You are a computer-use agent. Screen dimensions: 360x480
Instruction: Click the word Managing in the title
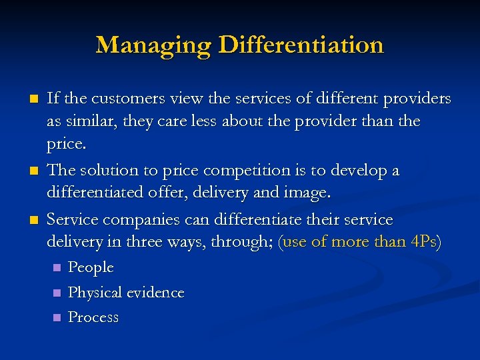tap(153, 45)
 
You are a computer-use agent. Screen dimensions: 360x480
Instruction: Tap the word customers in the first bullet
tap(123, 99)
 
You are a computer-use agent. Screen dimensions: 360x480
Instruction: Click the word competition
tap(230, 170)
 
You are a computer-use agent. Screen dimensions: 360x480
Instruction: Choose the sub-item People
tap(91, 268)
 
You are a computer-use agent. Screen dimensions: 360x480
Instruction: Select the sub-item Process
tap(93, 317)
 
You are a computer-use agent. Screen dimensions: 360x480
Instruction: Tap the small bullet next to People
tap(57, 267)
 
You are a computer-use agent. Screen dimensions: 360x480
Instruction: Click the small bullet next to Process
tap(57, 317)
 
